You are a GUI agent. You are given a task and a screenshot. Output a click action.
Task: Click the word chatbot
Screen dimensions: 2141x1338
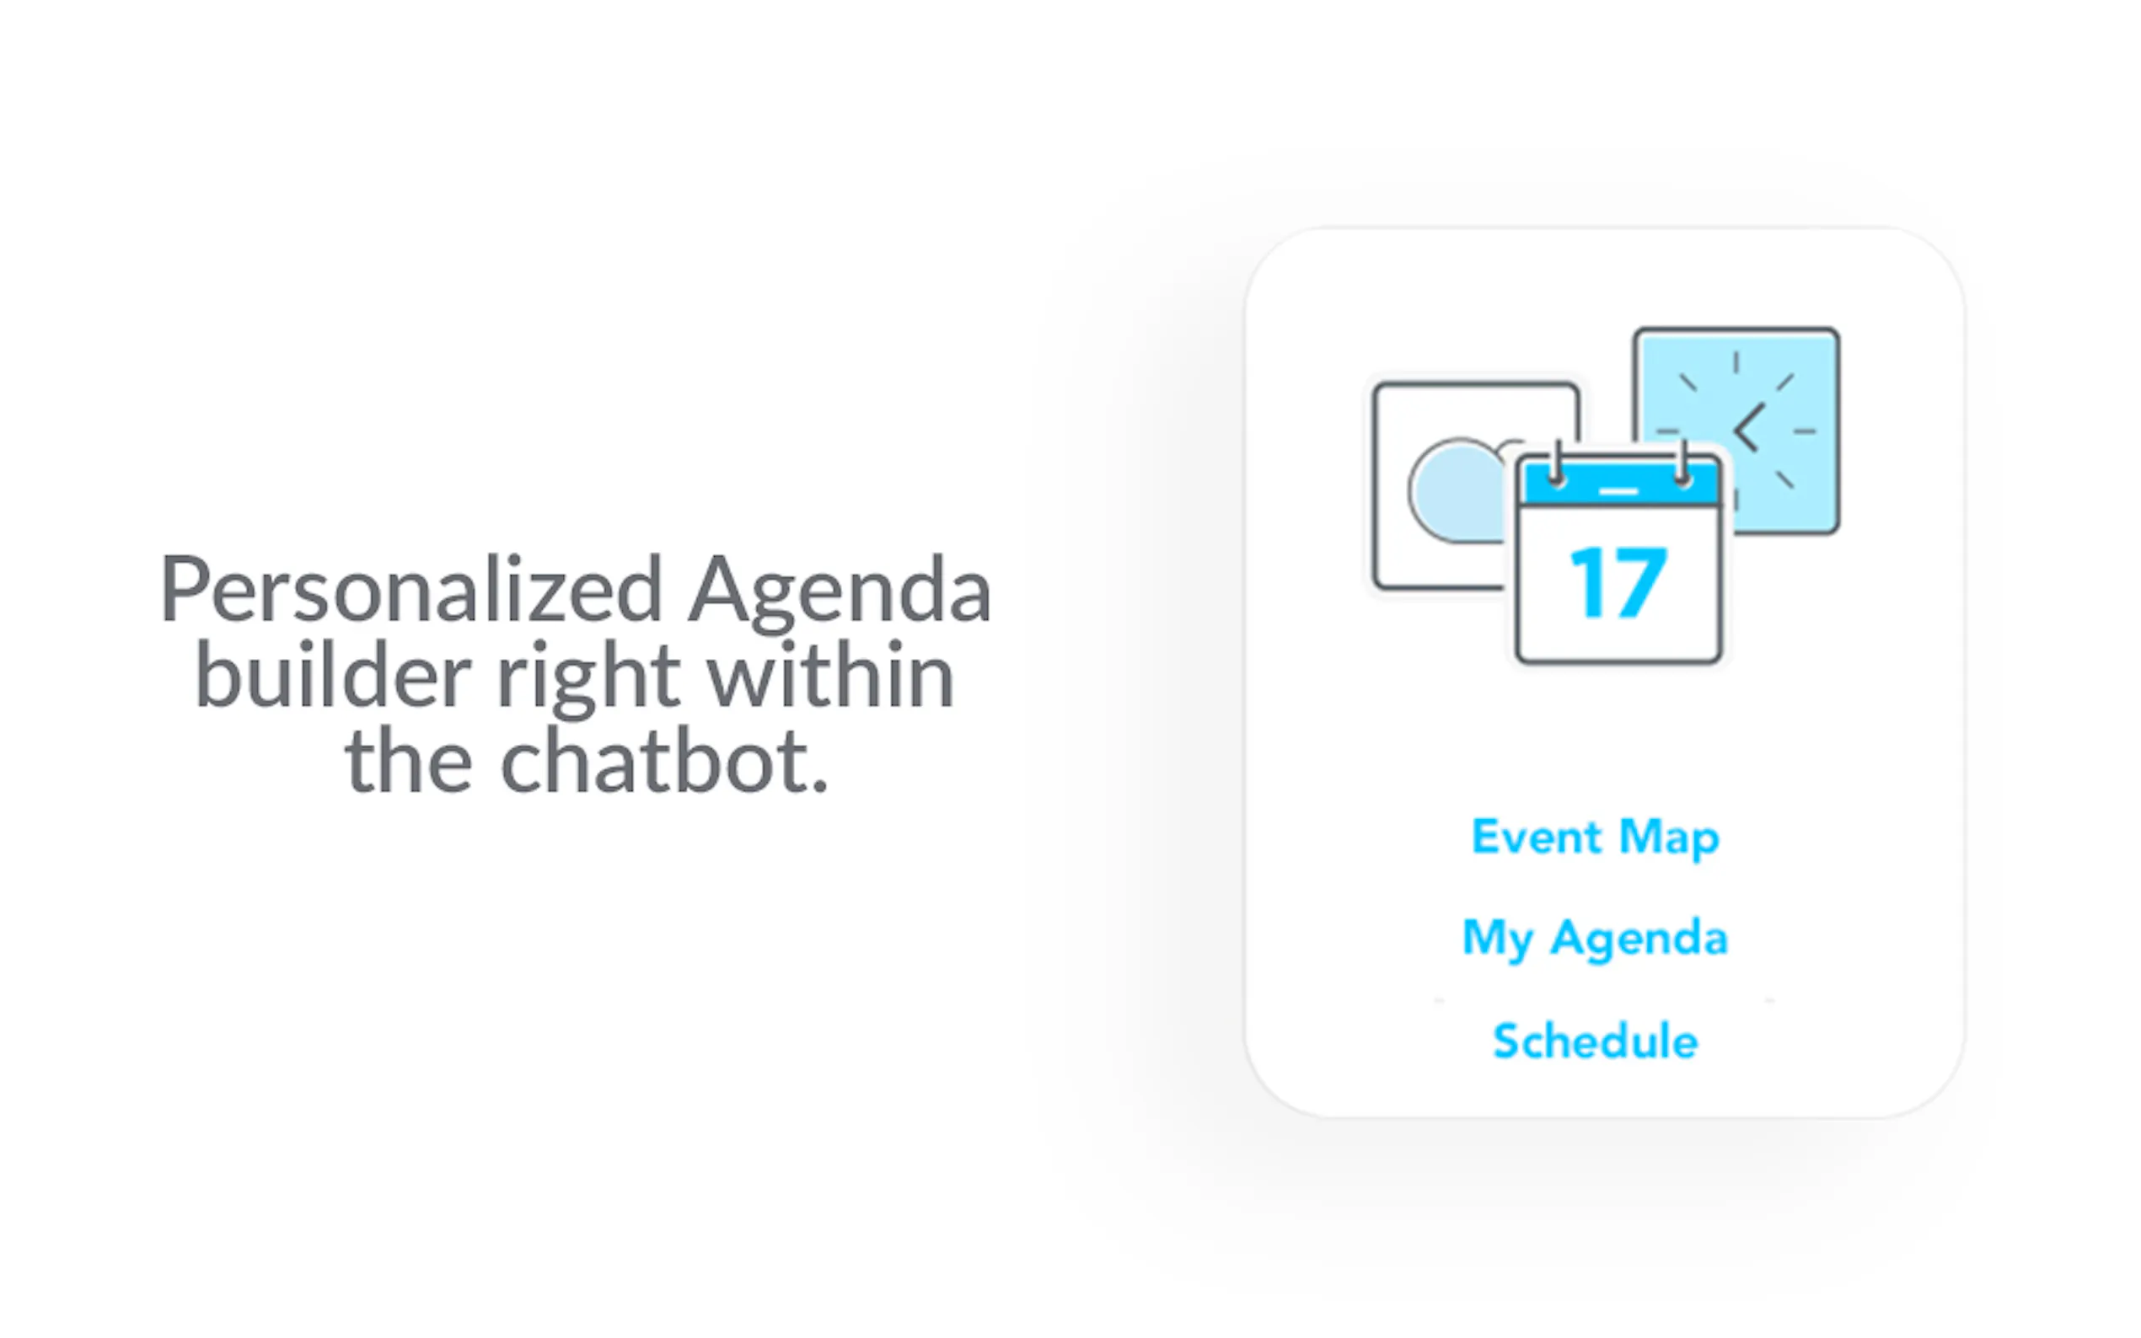(664, 760)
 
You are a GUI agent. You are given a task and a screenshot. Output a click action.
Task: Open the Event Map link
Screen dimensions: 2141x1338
(1595, 838)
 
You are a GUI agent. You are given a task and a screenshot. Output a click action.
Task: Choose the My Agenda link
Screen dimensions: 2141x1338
(1595, 939)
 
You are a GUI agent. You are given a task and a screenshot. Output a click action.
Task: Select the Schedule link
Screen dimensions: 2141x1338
(1595, 1041)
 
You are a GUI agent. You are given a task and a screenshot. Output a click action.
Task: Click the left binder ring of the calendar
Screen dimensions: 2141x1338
(1557, 463)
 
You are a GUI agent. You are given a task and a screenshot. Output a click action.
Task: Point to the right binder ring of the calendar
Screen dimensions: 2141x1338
(1682, 463)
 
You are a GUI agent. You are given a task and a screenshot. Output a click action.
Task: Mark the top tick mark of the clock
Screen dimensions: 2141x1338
(1736, 362)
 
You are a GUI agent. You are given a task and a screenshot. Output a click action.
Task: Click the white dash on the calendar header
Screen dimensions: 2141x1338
(1618, 490)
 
